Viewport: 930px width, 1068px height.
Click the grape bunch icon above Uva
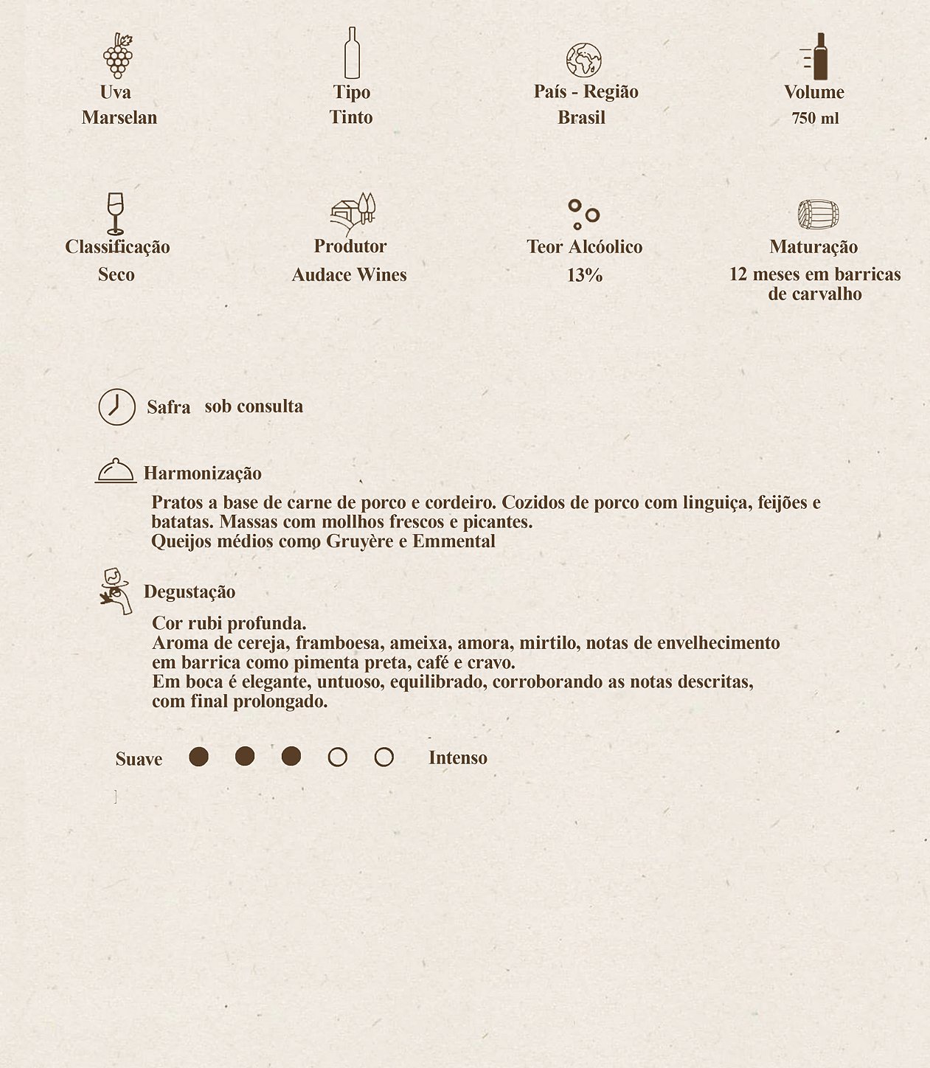[118, 56]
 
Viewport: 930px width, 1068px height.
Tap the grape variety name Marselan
[119, 117]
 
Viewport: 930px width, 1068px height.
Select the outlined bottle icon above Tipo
[352, 53]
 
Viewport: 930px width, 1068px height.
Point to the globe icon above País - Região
[583, 60]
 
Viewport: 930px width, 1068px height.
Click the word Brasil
[581, 117]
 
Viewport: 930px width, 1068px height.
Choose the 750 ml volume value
[815, 118]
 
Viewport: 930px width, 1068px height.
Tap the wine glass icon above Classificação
[115, 213]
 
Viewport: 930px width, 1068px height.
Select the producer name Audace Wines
[349, 274]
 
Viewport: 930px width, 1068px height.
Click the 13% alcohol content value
[585, 275]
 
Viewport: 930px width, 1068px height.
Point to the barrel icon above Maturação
[818, 215]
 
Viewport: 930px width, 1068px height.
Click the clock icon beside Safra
[117, 407]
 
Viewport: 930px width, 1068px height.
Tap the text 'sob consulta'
[254, 406]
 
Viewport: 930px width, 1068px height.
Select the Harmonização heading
[202, 474]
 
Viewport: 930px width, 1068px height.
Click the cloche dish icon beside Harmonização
[116, 471]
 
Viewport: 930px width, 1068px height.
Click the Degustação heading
[190, 592]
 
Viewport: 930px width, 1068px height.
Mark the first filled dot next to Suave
[198, 757]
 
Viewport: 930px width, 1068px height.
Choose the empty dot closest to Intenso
[384, 757]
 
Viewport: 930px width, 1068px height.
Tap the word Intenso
[457, 757]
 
